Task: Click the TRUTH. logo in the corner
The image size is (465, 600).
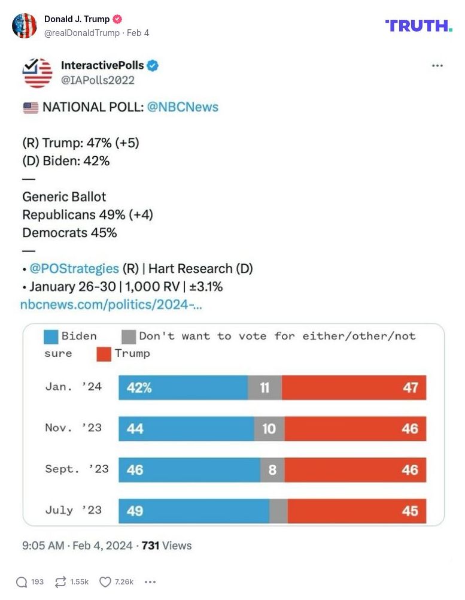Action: (x=418, y=26)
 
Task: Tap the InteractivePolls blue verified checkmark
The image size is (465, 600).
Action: (x=153, y=66)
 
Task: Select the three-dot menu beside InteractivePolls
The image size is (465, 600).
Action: (x=437, y=66)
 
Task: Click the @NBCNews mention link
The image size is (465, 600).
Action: (x=183, y=107)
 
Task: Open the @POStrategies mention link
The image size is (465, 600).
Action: (x=74, y=269)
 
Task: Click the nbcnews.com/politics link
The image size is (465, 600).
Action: (x=111, y=304)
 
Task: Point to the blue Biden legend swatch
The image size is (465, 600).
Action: (x=51, y=336)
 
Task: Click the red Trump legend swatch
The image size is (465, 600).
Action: (x=104, y=353)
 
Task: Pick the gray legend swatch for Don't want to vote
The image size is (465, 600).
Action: (x=129, y=336)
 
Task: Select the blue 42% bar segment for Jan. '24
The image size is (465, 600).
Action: (x=183, y=387)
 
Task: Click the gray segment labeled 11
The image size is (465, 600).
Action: (x=265, y=387)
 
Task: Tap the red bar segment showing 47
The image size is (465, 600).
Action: (x=354, y=387)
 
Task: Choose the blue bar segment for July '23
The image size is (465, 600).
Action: (x=193, y=511)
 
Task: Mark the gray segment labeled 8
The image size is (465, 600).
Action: (x=272, y=470)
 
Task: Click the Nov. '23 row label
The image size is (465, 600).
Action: (x=74, y=428)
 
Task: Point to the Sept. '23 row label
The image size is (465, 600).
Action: (x=77, y=469)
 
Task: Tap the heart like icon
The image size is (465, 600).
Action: (x=105, y=581)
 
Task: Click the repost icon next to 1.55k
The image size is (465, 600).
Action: (x=60, y=581)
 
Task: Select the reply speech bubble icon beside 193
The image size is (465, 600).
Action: (x=22, y=581)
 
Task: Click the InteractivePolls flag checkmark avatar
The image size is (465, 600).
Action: (x=37, y=72)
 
